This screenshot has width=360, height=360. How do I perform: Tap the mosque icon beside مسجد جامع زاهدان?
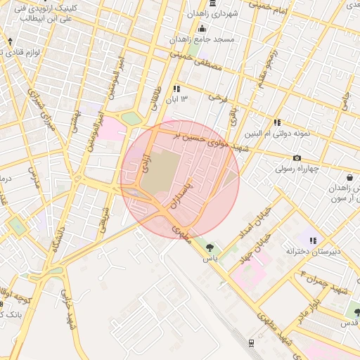coord(202,29)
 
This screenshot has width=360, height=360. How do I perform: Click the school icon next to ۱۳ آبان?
coord(176,89)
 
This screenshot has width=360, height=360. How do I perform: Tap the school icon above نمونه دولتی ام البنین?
coord(277,122)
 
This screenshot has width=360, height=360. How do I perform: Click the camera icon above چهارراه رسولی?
coord(297,157)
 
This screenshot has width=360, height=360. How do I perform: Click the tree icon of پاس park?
coord(210,247)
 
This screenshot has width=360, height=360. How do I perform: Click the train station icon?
coord(250,342)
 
